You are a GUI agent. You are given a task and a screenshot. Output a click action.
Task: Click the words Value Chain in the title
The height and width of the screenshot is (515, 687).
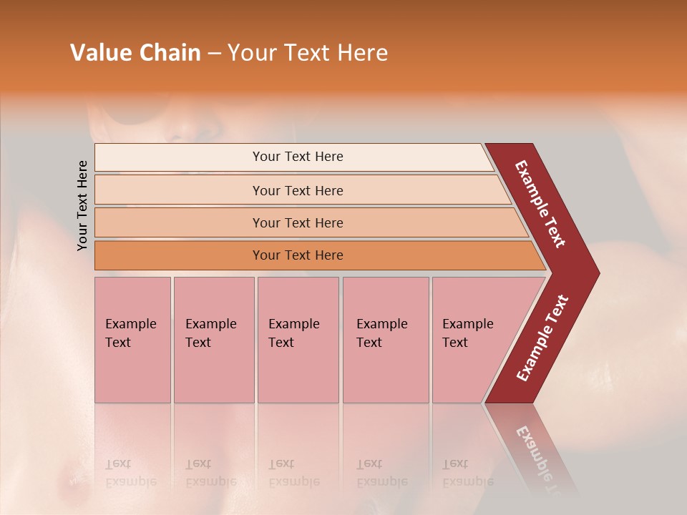click(135, 53)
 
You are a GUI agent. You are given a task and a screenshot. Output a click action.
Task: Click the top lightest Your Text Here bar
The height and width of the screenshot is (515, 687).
click(297, 157)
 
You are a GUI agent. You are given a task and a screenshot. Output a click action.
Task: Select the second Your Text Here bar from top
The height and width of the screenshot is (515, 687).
click(297, 190)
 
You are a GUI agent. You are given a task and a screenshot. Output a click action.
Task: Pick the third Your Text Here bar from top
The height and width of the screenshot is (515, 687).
click(297, 222)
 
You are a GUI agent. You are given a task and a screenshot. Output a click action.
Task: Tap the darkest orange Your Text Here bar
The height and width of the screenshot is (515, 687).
click(297, 255)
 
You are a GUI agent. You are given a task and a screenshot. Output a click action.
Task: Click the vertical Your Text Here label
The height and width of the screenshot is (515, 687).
click(83, 205)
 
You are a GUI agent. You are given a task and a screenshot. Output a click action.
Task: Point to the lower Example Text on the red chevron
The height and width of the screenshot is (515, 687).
click(542, 338)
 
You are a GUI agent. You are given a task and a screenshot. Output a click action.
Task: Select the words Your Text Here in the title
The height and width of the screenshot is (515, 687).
click(308, 53)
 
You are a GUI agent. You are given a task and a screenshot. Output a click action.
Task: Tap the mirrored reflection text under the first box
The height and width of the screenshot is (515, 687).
click(130, 473)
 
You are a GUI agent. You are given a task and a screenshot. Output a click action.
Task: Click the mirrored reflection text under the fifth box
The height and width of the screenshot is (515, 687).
click(467, 473)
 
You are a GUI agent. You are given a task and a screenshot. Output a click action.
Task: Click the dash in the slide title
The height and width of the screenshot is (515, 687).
click(214, 54)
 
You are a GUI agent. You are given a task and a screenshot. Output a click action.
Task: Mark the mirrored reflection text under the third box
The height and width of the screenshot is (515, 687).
click(293, 473)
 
